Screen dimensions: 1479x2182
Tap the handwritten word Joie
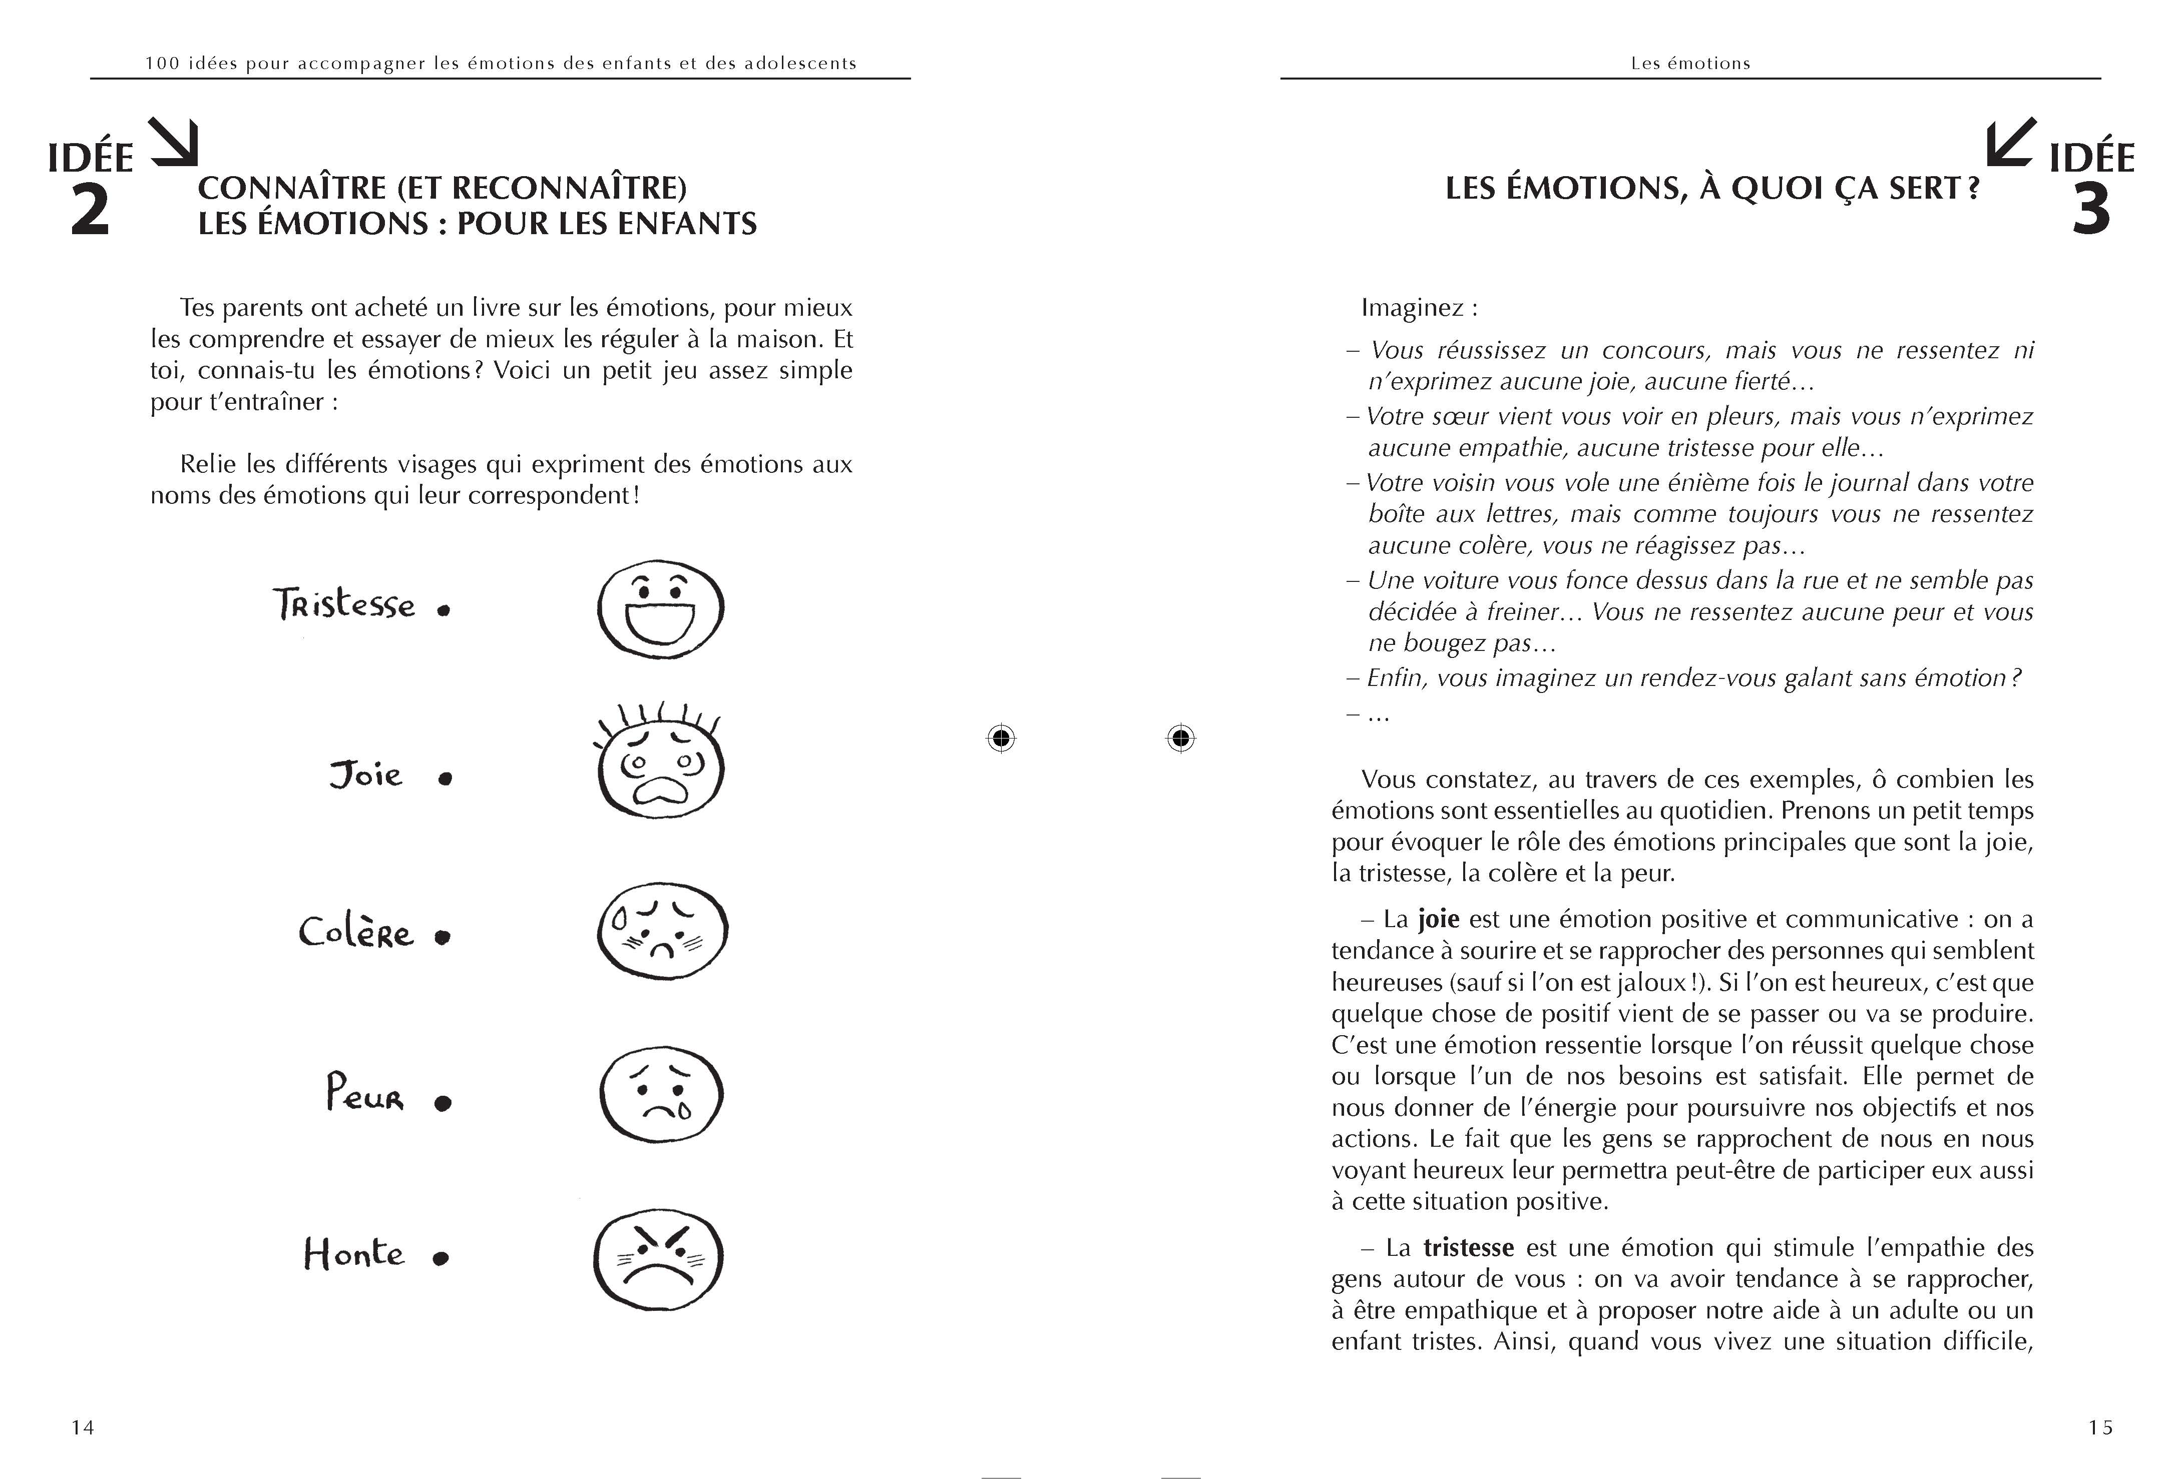pyautogui.click(x=365, y=775)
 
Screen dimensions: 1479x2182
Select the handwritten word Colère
pyautogui.click(x=356, y=932)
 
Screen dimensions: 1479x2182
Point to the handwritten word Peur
pyautogui.click(x=364, y=1093)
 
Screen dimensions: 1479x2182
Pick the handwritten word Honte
pyautogui.click(x=353, y=1254)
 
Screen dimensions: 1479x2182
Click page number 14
pyautogui.click(x=83, y=1427)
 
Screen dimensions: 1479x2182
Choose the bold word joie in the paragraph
pyautogui.click(x=1438, y=919)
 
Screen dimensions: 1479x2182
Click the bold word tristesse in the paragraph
pyautogui.click(x=1469, y=1247)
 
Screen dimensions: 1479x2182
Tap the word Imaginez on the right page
pyautogui.click(x=1412, y=308)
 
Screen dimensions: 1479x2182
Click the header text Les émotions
pyautogui.click(x=1690, y=63)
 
